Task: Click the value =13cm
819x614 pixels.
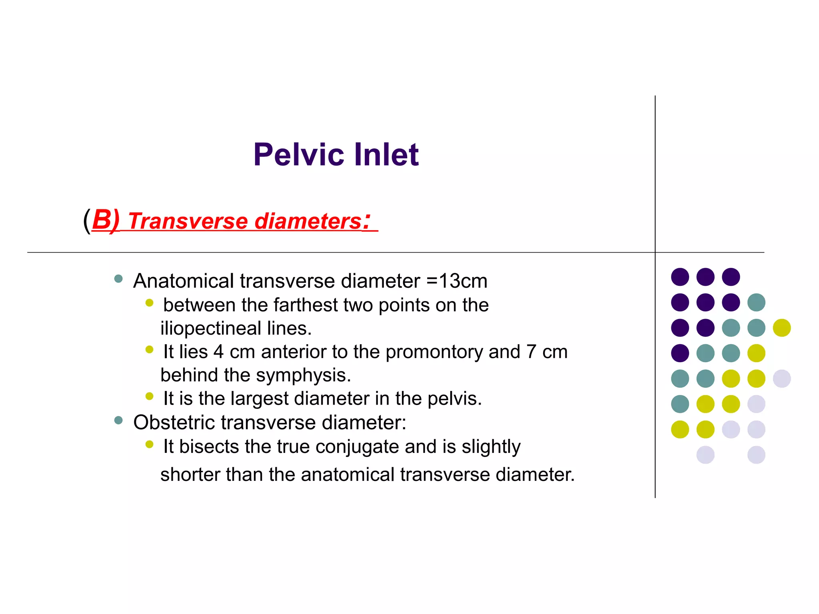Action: pyautogui.click(x=457, y=281)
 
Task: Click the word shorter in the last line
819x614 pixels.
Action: pyautogui.click(x=190, y=474)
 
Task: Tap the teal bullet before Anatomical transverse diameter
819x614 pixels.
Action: pyautogui.click(x=118, y=279)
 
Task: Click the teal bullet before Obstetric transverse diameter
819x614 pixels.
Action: pyautogui.click(x=118, y=420)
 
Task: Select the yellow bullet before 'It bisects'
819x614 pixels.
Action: pyautogui.click(x=150, y=445)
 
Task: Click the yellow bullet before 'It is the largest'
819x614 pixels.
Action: pyautogui.click(x=150, y=397)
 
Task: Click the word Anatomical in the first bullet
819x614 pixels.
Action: pyautogui.click(x=184, y=281)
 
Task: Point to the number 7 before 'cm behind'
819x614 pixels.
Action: pyautogui.click(x=531, y=352)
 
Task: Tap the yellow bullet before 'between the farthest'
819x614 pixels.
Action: pyautogui.click(x=150, y=303)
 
